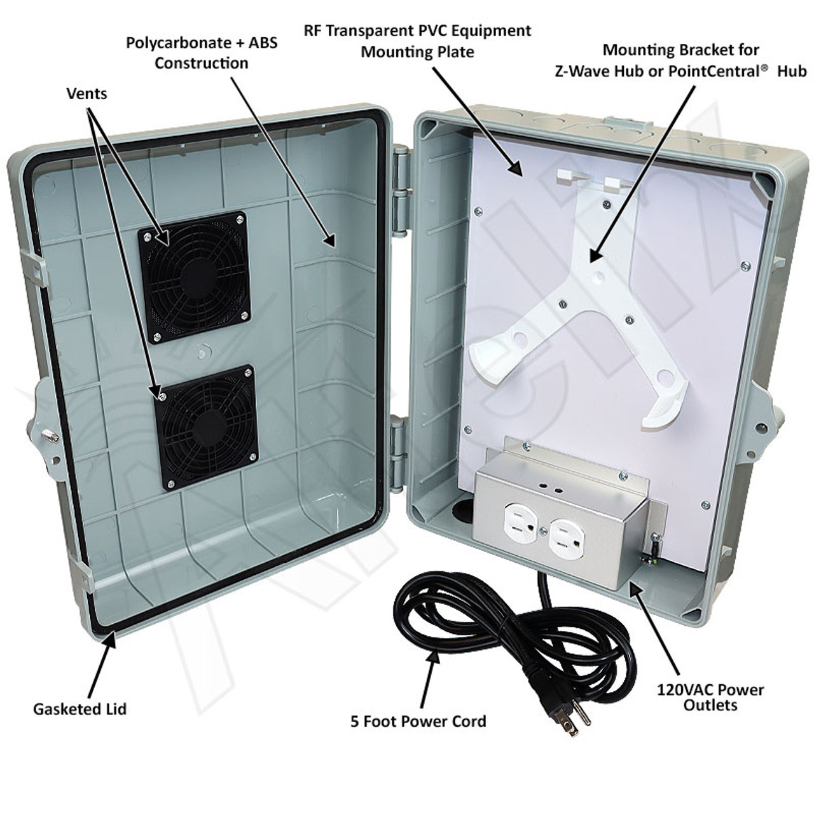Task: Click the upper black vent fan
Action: coord(193,277)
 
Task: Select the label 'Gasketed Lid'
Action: coord(79,708)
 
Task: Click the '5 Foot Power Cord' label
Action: coord(418,721)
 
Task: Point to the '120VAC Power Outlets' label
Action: coord(711,697)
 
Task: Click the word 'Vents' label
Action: coord(86,93)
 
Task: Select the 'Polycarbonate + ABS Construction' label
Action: coord(202,53)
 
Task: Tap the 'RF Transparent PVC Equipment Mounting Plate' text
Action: coord(417,41)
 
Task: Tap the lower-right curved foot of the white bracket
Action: coord(659,410)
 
